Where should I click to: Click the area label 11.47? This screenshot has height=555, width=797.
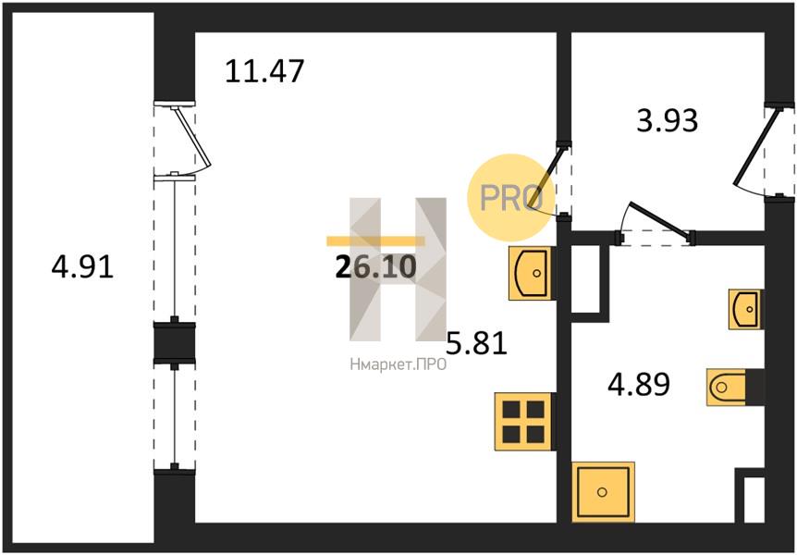point(264,70)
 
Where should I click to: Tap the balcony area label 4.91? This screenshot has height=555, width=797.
point(82,267)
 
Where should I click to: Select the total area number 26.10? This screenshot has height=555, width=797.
point(376,267)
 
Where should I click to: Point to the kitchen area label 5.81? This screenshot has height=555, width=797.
point(477,343)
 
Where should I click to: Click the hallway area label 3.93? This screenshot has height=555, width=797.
point(668,121)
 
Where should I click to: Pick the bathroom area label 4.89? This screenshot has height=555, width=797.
point(639,385)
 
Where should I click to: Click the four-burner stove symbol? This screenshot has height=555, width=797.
point(523,422)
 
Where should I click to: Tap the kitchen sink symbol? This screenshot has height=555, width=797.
point(530,273)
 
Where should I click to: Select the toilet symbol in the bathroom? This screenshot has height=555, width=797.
point(727,388)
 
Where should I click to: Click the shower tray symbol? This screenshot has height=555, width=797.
point(604,492)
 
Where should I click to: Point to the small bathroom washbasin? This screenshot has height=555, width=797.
point(745,309)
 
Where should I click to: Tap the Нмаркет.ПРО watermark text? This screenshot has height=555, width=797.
point(398,364)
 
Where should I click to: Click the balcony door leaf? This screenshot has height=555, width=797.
point(191,137)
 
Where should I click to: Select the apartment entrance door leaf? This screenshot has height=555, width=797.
point(755,146)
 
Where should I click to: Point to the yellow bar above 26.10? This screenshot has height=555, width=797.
point(375,241)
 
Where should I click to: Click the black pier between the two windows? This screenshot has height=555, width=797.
point(175,342)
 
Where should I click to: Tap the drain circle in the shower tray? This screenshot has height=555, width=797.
point(602,492)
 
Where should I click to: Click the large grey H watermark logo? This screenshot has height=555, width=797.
point(398,269)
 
